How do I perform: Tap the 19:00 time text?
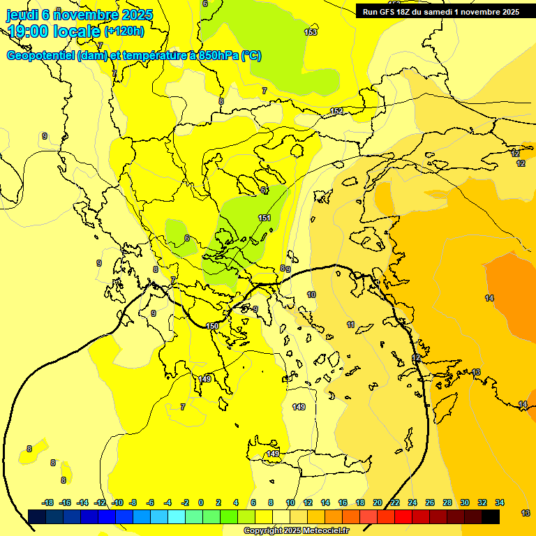click(31, 31)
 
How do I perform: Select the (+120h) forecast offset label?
click(124, 31)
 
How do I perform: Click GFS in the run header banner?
click(387, 12)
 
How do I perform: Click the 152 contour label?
click(336, 112)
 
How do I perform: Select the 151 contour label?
click(265, 218)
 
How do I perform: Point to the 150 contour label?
click(213, 326)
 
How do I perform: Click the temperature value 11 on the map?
click(350, 325)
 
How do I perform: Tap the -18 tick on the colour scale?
click(47, 502)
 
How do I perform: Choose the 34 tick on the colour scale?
click(500, 502)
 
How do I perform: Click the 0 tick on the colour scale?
click(201, 502)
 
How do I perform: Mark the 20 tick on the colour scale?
click(378, 502)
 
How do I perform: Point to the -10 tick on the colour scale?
click(117, 502)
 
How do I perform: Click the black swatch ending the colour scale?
click(491, 516)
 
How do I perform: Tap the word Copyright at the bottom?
click(263, 531)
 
